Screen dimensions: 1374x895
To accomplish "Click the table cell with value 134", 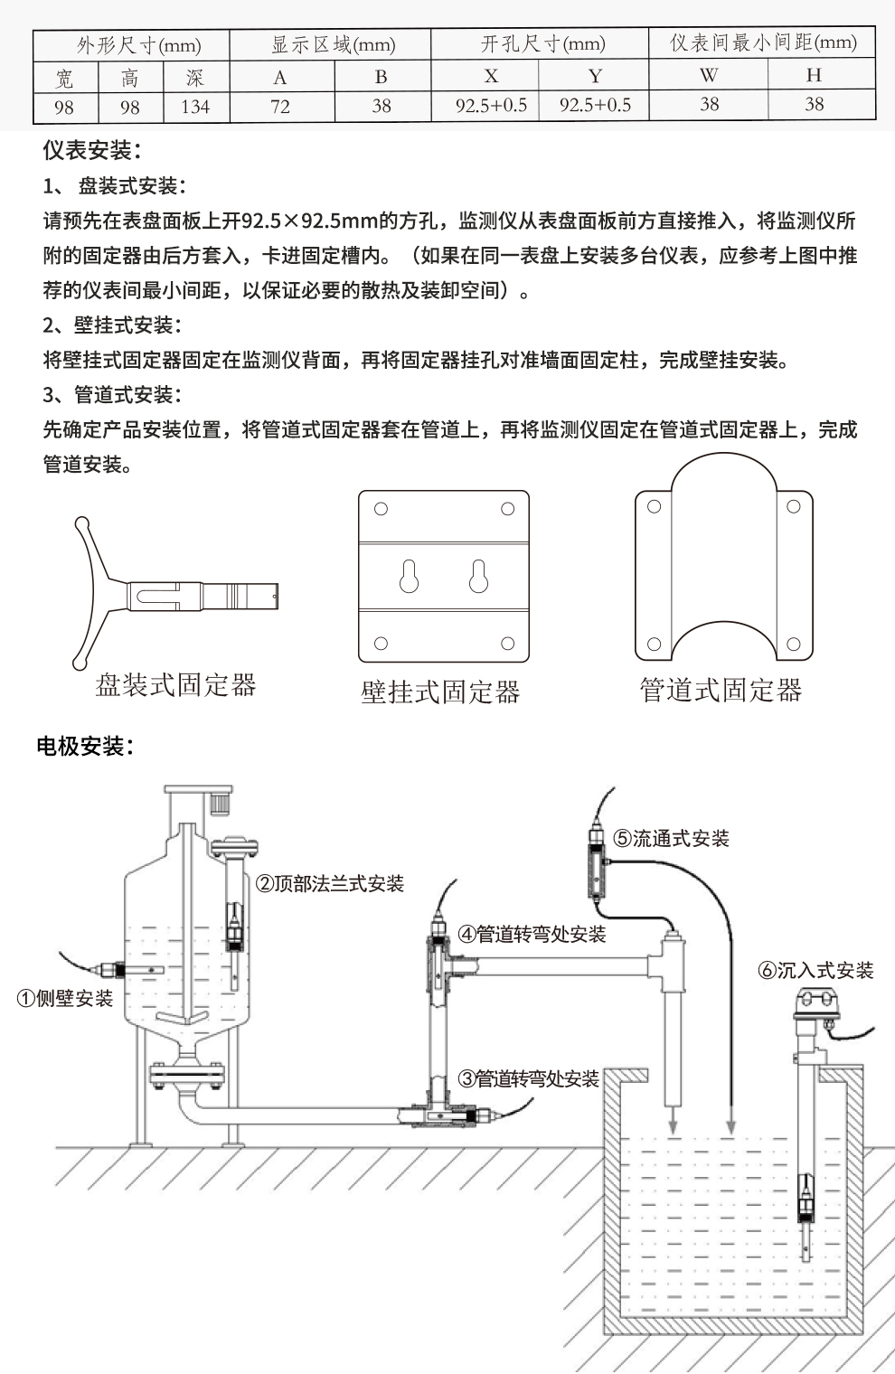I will coord(195,107).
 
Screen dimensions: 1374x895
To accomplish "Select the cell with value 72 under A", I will coord(280,107).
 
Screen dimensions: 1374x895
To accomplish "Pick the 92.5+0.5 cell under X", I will coord(491,107).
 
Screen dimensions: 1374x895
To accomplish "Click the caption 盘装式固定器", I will coord(176,685).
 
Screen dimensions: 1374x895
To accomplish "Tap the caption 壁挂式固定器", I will coord(440,692).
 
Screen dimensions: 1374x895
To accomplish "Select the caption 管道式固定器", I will coord(721,691).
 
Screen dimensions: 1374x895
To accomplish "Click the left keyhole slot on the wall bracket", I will coord(409,576).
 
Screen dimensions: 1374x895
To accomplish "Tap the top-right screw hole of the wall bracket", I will coord(507,509).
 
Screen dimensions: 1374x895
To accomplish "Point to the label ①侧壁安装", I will coord(66,998).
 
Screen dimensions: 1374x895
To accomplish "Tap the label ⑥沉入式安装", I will coord(816,971).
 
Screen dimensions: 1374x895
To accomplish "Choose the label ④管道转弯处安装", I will coord(532,934).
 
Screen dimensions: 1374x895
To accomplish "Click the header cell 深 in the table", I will coord(195,78).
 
